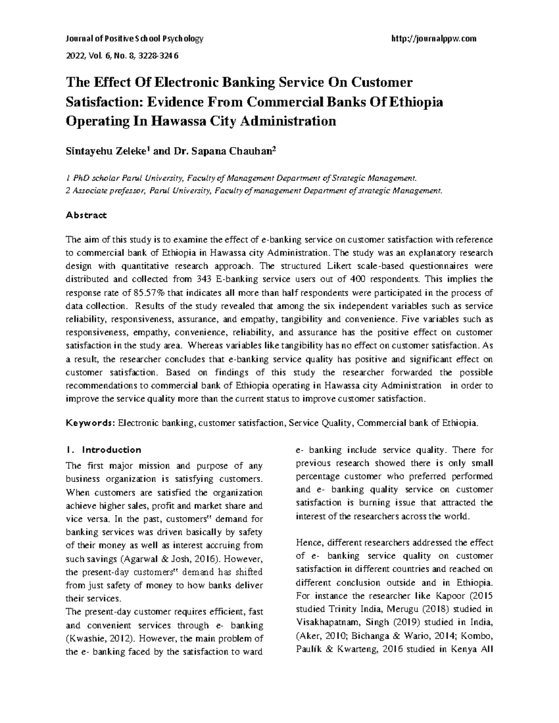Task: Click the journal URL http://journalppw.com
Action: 435,39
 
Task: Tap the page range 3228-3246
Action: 158,56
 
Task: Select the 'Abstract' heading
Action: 86,215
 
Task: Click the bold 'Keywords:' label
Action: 90,423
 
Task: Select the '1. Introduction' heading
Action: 103,450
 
